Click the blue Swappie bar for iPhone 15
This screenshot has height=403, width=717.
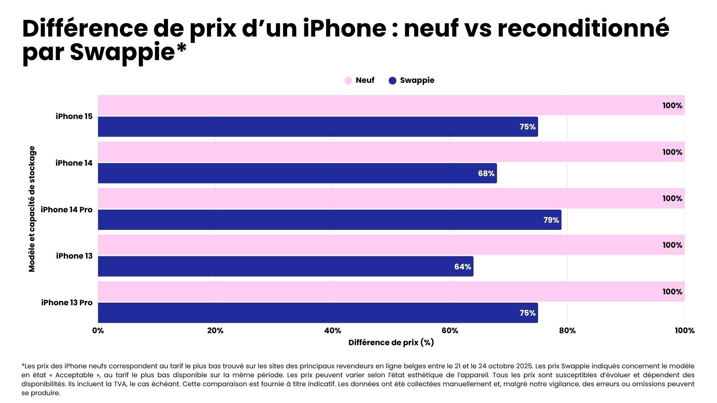pyautogui.click(x=317, y=127)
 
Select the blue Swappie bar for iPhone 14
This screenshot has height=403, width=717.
pyautogui.click(x=297, y=173)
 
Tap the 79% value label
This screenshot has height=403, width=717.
pyautogui.click(x=551, y=220)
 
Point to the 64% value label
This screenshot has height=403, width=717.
pyautogui.click(x=462, y=267)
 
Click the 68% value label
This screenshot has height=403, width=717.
pyautogui.click(x=486, y=174)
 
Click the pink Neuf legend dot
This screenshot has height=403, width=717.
pyautogui.click(x=348, y=81)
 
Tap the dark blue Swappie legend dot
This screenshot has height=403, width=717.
pyautogui.click(x=392, y=81)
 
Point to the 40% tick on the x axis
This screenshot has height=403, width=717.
pyautogui.click(x=332, y=331)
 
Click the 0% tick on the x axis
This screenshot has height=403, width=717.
pyautogui.click(x=98, y=331)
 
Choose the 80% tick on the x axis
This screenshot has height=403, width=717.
pyautogui.click(x=567, y=331)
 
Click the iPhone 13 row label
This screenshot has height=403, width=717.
pyautogui.click(x=74, y=256)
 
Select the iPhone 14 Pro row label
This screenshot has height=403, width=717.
pyautogui.click(x=66, y=210)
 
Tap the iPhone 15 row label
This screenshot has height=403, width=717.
pyautogui.click(x=74, y=116)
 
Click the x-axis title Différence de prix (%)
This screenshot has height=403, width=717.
pyautogui.click(x=391, y=343)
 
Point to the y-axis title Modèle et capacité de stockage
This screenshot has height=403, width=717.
pyautogui.click(x=32, y=209)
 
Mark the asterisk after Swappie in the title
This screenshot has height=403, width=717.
pyautogui.click(x=181, y=48)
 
